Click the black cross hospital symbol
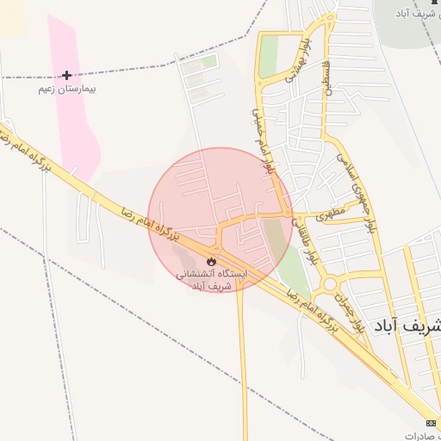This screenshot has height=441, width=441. point(66,76)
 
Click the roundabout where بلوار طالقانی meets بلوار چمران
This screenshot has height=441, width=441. point(330,284)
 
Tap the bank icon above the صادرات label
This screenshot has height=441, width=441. point(431,422)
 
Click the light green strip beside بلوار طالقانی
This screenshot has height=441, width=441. point(294,271)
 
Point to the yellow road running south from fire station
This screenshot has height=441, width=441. point(243,362)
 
